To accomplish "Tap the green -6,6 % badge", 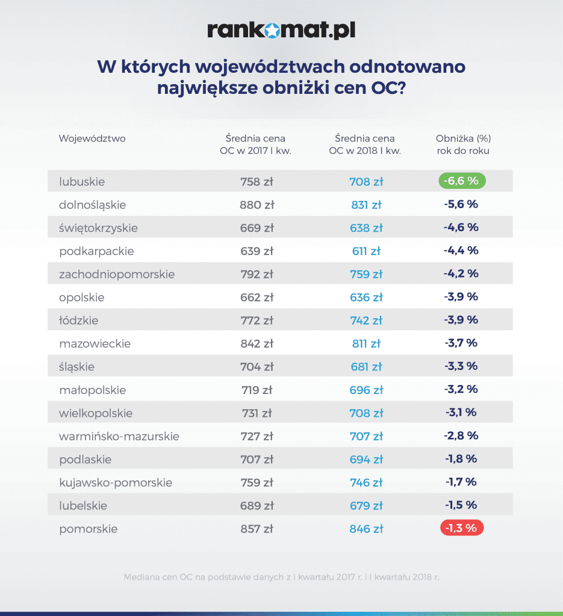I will (x=462, y=181).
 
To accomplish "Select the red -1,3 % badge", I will (x=462, y=529).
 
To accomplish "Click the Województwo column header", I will (x=92, y=138).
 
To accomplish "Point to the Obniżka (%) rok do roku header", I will (x=463, y=144).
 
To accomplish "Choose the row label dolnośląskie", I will (x=93, y=205).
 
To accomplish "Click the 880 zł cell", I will (x=257, y=205).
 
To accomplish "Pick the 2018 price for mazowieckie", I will (x=366, y=343).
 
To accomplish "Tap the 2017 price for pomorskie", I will (x=257, y=529).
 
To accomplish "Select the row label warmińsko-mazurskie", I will (x=119, y=436).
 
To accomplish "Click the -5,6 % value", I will (x=461, y=205).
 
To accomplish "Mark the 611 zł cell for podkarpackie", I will (x=366, y=251).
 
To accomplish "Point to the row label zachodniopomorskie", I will (x=117, y=274).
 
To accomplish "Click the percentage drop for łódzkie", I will (x=461, y=320).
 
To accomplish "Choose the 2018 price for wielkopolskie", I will (x=366, y=413).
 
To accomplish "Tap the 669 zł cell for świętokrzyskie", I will (x=257, y=228).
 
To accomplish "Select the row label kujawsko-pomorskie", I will (x=116, y=482).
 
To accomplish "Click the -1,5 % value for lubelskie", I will (x=461, y=505).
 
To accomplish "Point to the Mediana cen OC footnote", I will (x=282, y=576).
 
